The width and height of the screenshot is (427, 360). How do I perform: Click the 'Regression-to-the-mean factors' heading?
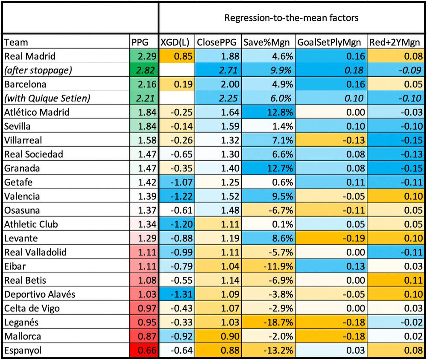292,18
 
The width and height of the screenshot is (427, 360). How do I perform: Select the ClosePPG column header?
217,42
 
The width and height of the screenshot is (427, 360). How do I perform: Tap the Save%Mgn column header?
266,42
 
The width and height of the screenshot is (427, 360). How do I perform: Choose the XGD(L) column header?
176,42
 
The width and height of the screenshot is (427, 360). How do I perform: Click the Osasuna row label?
21,210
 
